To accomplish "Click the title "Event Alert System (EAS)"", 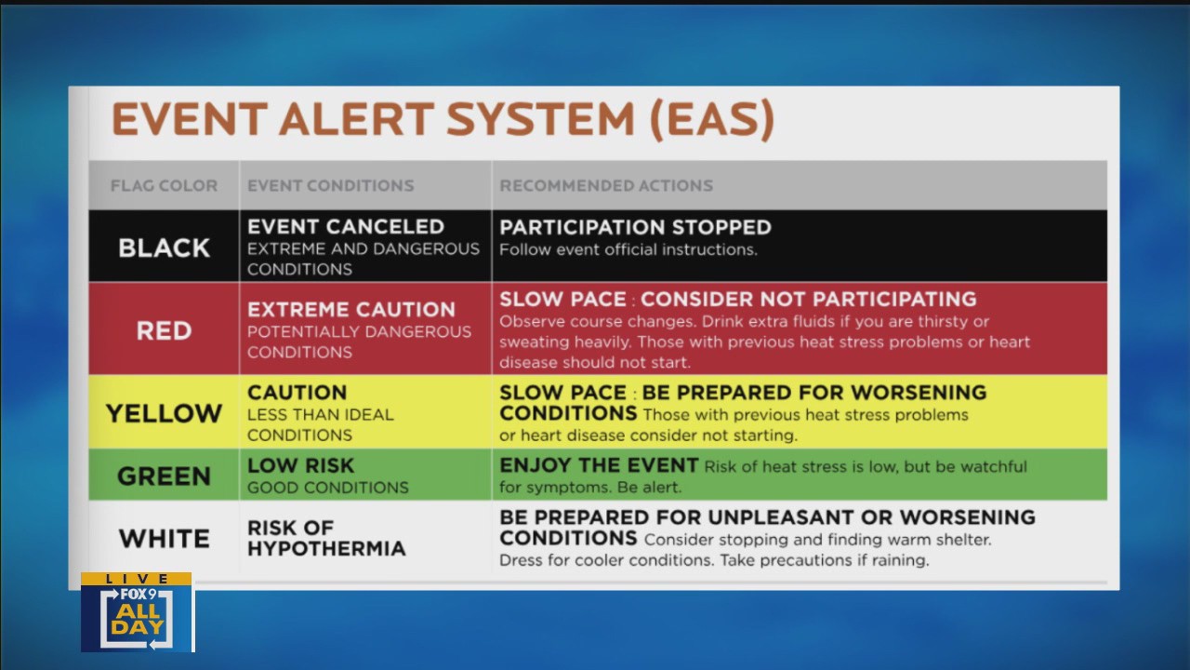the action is point(443,119).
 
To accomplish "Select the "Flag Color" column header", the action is point(164,185).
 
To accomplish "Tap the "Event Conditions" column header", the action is point(330,185).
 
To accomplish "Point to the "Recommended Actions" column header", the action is point(606,185).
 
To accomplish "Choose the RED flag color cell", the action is point(164,330).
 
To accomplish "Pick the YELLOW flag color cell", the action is point(164,413).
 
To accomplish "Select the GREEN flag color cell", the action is point(164,476).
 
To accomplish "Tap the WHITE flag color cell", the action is point(164,538).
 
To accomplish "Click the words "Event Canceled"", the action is point(345,226).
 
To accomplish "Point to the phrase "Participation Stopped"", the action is point(635,227).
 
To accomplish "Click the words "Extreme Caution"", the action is point(351,310).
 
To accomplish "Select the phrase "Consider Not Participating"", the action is point(808,300).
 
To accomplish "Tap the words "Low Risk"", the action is point(300,465).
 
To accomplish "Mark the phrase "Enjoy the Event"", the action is point(598,465).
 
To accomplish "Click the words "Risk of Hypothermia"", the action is point(326,538).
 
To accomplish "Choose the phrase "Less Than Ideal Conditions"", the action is point(321,424).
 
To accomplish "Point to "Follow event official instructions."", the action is point(628,249).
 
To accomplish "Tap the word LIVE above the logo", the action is point(137,579).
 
